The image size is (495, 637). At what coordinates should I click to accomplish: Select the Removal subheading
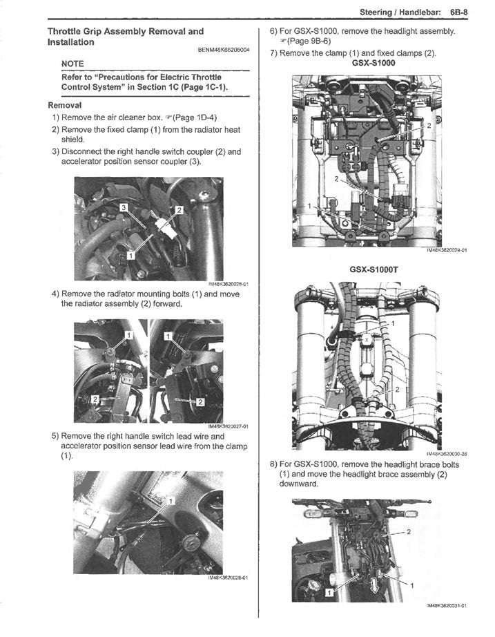(x=64, y=105)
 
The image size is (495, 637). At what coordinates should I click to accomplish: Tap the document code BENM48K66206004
(x=224, y=50)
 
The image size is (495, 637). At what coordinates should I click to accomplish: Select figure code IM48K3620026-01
(x=228, y=284)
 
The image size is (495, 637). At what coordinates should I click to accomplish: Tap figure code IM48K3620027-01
(x=228, y=426)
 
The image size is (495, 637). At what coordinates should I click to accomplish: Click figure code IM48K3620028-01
(x=227, y=577)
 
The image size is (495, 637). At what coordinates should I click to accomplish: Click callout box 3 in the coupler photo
(x=124, y=207)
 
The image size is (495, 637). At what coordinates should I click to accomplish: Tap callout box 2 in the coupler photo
(x=178, y=209)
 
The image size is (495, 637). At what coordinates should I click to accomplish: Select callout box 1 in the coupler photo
(x=129, y=256)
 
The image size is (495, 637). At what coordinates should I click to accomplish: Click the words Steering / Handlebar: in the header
(x=398, y=12)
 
